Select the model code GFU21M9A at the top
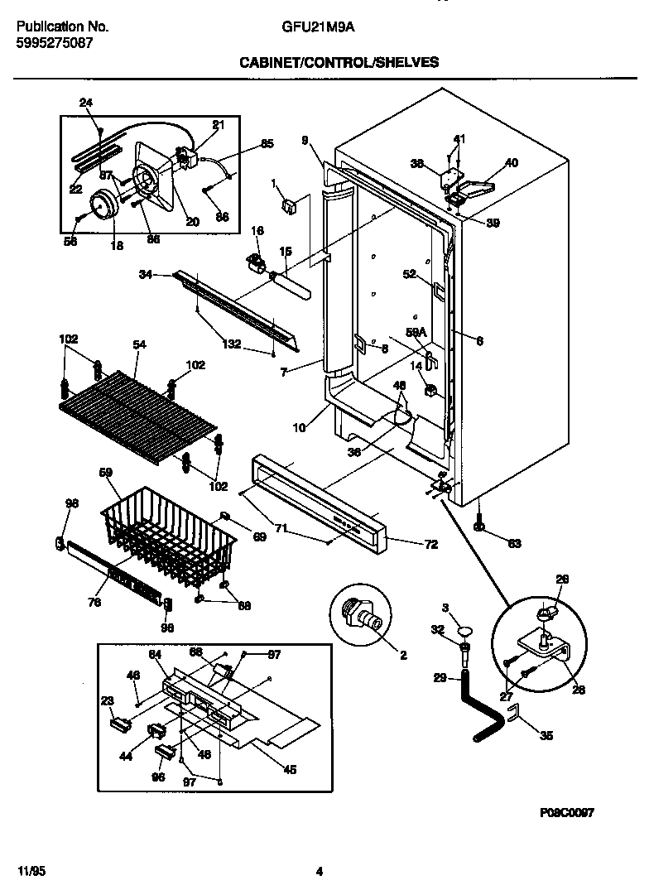[x=311, y=26]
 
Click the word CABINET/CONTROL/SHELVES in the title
[x=339, y=62]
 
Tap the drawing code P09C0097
[x=566, y=813]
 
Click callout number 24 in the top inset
[x=86, y=103]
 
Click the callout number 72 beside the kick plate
[x=430, y=545]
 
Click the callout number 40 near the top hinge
[x=511, y=163]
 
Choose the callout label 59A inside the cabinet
[x=415, y=331]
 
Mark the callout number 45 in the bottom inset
[x=290, y=769]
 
